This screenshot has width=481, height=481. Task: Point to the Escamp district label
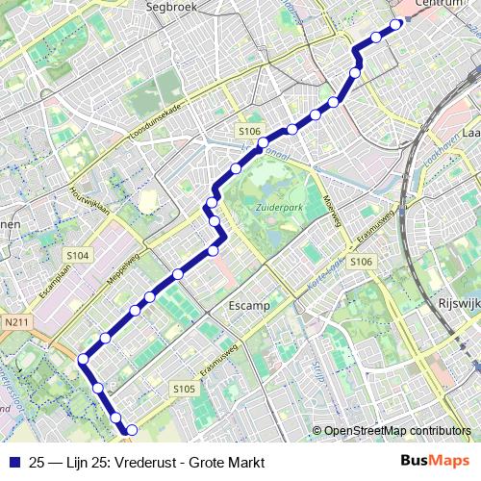click(249, 305)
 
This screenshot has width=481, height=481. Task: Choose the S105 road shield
click(184, 389)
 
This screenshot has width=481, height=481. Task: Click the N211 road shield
click(16, 322)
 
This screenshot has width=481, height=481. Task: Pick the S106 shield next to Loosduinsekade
click(249, 131)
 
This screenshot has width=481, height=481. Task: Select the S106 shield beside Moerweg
click(361, 262)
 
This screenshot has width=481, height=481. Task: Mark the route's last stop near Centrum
click(395, 25)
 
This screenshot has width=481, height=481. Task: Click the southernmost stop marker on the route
click(132, 430)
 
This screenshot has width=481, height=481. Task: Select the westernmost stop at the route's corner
click(84, 359)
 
